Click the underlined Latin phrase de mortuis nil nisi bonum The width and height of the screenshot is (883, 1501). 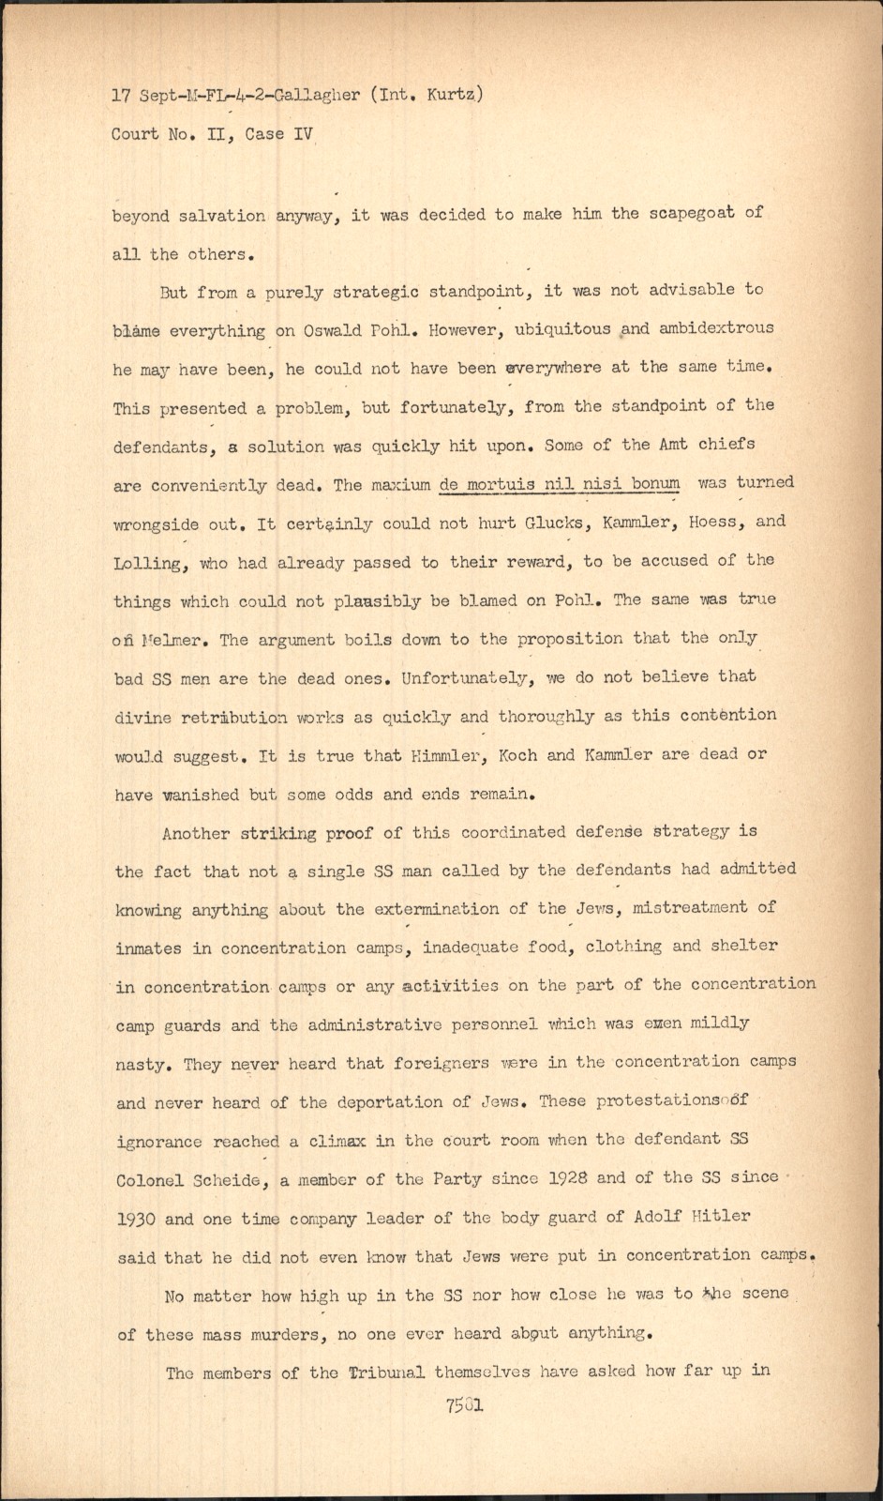pyautogui.click(x=559, y=484)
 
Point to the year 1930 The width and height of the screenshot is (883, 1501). pyautogui.click(x=138, y=1219)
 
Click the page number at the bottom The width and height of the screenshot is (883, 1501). pyautogui.click(x=460, y=1405)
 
